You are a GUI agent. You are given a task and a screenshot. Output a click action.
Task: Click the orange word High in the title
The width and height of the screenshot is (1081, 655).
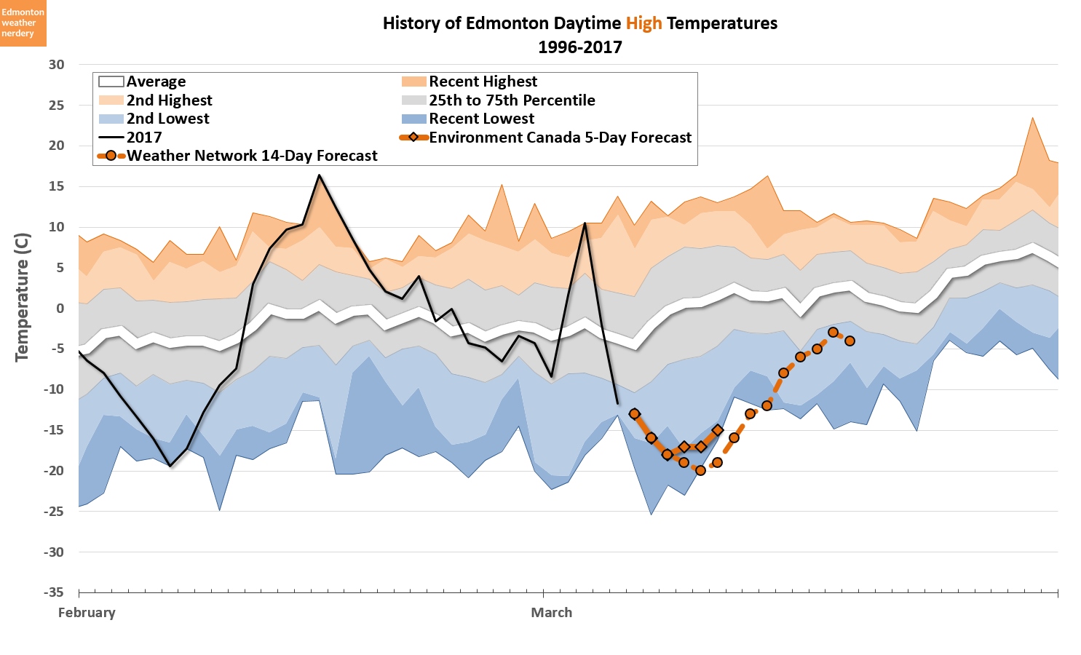pyautogui.click(x=644, y=23)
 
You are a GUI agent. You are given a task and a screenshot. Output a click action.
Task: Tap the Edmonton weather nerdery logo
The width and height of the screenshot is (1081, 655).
pyautogui.click(x=23, y=23)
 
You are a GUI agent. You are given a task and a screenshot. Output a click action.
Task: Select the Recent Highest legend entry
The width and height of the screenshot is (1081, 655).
pyautogui.click(x=483, y=82)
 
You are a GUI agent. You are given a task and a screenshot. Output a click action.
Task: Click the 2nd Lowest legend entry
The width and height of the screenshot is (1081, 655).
pyautogui.click(x=167, y=119)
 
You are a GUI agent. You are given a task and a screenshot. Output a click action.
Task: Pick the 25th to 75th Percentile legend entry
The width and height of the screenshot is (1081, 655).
pyautogui.click(x=511, y=100)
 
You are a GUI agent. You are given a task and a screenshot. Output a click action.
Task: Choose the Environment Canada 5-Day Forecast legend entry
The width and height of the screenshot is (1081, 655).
pyautogui.click(x=560, y=138)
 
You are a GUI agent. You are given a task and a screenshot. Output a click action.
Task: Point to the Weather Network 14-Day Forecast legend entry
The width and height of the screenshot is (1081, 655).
pyautogui.click(x=252, y=156)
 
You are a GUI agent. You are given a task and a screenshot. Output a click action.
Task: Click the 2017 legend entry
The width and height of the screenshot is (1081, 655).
pyautogui.click(x=143, y=138)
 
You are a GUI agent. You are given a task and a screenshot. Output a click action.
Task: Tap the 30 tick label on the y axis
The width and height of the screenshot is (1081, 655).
pyautogui.click(x=56, y=64)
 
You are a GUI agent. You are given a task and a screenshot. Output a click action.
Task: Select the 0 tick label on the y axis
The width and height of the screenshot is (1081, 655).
pyautogui.click(x=60, y=308)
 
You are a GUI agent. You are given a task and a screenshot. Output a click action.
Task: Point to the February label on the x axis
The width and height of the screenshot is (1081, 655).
pyautogui.click(x=87, y=612)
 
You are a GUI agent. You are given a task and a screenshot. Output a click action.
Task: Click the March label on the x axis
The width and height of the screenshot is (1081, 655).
pyautogui.click(x=551, y=612)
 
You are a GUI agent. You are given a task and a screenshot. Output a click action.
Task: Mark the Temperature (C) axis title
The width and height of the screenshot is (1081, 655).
pyautogui.click(x=22, y=297)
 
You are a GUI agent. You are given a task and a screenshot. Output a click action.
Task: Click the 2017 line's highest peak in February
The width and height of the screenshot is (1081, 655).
pyautogui.click(x=319, y=175)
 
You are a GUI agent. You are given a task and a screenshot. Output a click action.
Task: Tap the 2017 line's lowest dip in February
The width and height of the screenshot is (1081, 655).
pyautogui.click(x=170, y=466)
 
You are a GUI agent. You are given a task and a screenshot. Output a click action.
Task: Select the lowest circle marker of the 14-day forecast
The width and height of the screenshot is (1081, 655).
pyautogui.click(x=700, y=470)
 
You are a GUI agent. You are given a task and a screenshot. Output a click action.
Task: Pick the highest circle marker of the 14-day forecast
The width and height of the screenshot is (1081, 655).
pyautogui.click(x=833, y=333)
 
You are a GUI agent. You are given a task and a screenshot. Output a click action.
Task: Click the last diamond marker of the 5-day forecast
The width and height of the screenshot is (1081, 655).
pyautogui.click(x=717, y=430)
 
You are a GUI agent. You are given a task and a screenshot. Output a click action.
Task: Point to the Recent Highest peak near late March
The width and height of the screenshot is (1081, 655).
pyautogui.click(x=1032, y=118)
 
